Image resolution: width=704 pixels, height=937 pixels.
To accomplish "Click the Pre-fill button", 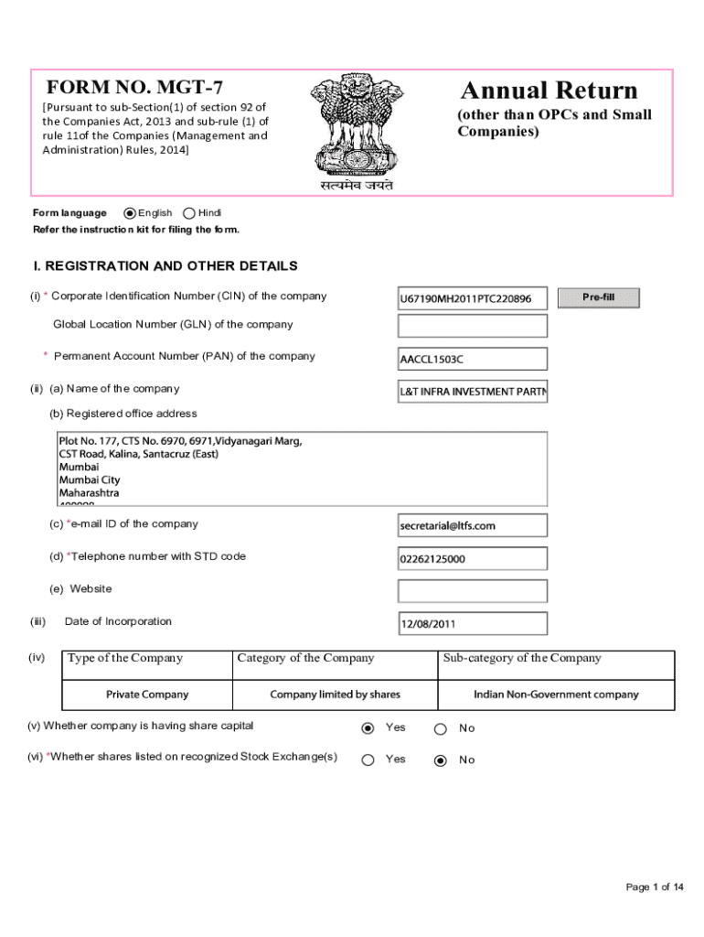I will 598,297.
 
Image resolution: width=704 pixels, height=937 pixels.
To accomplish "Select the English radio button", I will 130,213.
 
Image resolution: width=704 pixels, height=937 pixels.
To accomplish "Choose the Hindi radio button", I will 189,213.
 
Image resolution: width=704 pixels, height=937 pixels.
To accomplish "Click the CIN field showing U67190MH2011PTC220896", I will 472,298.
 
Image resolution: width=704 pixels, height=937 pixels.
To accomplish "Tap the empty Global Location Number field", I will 472,326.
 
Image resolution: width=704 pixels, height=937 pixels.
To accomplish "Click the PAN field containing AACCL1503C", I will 472,359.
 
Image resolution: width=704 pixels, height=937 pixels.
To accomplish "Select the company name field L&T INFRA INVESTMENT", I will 472,393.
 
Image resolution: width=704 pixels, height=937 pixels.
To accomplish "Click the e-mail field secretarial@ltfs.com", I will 472,525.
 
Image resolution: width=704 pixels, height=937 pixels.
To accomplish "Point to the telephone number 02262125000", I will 472,558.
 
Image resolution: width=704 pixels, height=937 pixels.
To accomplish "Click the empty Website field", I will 472,590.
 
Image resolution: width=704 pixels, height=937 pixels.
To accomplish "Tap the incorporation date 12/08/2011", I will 472,624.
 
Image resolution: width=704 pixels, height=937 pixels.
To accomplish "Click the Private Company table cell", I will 147,695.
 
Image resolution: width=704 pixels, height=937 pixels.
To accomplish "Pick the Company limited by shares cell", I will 335,695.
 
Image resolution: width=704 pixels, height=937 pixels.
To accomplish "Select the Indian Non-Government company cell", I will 556,695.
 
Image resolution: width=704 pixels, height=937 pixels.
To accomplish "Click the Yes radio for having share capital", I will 368,728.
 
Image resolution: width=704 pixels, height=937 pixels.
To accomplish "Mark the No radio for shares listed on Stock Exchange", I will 440,759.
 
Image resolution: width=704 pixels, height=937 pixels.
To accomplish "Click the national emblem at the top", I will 357,128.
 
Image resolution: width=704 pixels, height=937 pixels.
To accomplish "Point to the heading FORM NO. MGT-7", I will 134,89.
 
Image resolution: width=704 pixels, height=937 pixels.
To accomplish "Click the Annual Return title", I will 549,91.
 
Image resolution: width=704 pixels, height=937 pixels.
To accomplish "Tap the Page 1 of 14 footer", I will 654,887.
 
